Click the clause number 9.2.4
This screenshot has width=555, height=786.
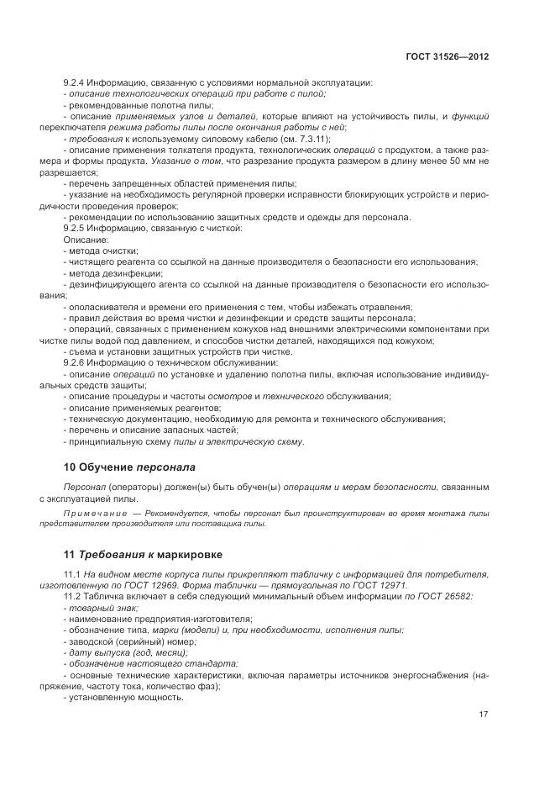coord(76,82)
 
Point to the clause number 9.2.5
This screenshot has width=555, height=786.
coord(76,229)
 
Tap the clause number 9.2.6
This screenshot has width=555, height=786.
coord(76,362)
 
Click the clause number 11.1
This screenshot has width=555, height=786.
coord(73,574)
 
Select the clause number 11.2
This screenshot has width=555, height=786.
coord(73,596)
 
